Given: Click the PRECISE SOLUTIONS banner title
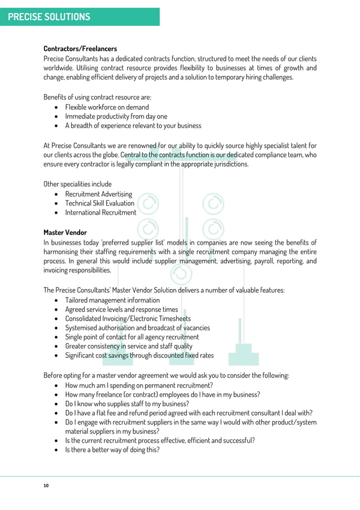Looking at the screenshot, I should [49, 16].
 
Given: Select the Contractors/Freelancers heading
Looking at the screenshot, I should [80, 49].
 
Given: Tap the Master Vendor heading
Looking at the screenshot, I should [65, 232].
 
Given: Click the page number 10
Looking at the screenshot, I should [46, 485].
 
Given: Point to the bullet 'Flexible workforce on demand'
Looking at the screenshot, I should [107, 107].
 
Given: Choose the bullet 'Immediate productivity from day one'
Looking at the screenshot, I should [116, 116].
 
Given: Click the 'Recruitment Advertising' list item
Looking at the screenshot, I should [98, 194].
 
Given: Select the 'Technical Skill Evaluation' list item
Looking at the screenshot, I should [99, 203].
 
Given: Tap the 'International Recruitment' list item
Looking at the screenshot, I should [100, 212].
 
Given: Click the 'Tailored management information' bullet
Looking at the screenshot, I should [112, 300].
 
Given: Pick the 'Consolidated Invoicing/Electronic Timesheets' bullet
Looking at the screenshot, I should [128, 319].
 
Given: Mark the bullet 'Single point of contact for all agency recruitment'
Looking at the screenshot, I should [131, 337].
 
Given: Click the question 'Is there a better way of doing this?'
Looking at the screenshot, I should [112, 450].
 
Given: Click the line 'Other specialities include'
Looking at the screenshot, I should [77, 184].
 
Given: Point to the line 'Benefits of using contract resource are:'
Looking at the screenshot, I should [97, 97].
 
